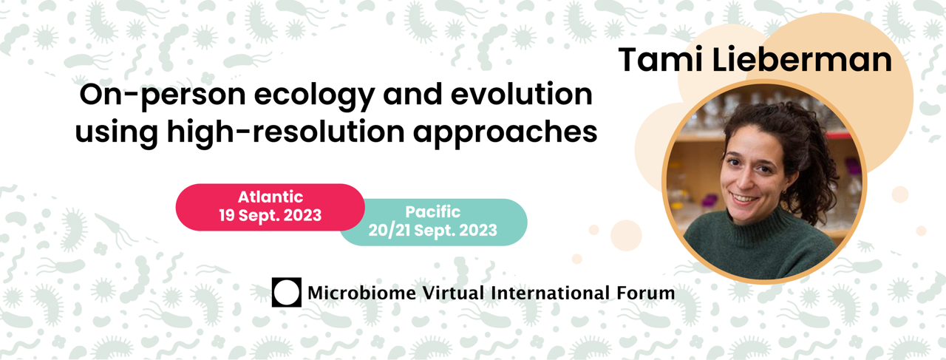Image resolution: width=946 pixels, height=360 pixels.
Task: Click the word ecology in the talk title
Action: (314, 96)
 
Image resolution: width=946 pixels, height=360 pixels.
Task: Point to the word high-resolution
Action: (286, 132)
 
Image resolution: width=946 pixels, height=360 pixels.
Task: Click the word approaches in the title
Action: (505, 132)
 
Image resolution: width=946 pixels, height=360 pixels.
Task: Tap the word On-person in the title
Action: (163, 95)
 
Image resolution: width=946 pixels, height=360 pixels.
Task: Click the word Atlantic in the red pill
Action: (270, 197)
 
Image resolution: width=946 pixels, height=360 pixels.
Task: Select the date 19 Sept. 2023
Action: (270, 216)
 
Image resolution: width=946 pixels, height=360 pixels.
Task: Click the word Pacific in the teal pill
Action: (433, 211)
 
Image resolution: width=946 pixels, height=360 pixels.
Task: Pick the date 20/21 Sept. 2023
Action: (433, 231)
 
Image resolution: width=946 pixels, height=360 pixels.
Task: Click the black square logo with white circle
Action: (286, 292)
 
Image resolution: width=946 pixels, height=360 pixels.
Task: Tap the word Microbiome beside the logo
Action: (361, 293)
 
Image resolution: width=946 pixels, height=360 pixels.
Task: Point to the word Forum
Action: (646, 293)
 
